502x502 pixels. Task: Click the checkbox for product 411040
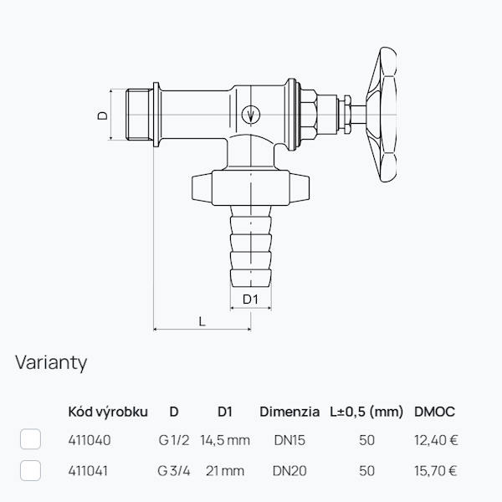point(30,439)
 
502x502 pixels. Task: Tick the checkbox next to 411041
point(30,470)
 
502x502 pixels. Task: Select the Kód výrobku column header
point(108,412)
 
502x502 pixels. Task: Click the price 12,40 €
point(436,440)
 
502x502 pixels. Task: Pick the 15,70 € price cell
point(435,471)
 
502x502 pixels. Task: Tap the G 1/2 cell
point(174,440)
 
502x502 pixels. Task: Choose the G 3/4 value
point(174,471)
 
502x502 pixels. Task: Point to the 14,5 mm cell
point(225,440)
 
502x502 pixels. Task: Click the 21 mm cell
point(225,471)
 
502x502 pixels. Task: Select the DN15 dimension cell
point(289,440)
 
